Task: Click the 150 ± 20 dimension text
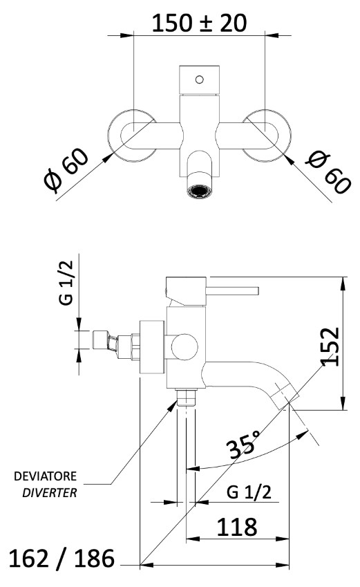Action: point(200,23)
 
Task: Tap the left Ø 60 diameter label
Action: point(66,170)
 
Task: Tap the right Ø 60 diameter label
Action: point(328,172)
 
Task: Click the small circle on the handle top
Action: point(200,80)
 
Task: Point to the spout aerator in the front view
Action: point(200,190)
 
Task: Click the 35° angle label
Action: point(244,445)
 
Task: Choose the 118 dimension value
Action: point(237,527)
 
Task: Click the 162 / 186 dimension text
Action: point(61,559)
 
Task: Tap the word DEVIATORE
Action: point(46,476)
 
